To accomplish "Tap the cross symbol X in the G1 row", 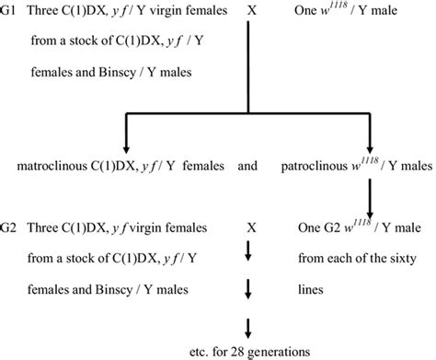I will (x=252, y=12).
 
